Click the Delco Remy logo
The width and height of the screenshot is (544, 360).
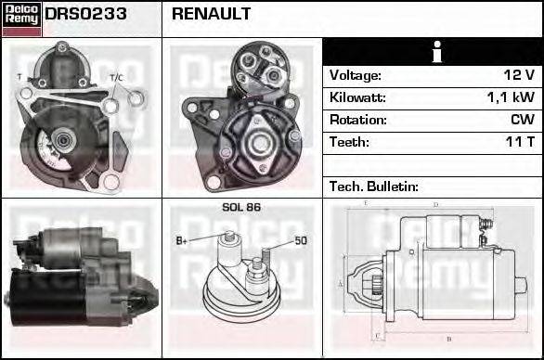click(x=20, y=15)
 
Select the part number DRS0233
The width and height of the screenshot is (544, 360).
click(x=85, y=14)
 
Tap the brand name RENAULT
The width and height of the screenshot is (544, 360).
click(x=211, y=14)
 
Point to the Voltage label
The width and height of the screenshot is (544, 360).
click(x=355, y=75)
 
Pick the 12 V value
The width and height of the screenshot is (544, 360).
click(x=517, y=75)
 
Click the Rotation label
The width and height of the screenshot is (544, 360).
click(x=357, y=120)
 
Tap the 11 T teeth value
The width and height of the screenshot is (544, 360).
click(x=517, y=142)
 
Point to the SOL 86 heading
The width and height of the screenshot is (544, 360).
click(x=241, y=207)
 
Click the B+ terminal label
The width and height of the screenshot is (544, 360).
click(x=183, y=241)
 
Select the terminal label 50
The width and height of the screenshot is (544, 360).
click(x=300, y=241)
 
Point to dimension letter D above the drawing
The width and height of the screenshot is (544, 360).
click(x=435, y=204)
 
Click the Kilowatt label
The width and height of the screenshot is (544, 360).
click(x=356, y=97)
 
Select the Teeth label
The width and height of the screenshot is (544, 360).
click(x=349, y=142)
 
